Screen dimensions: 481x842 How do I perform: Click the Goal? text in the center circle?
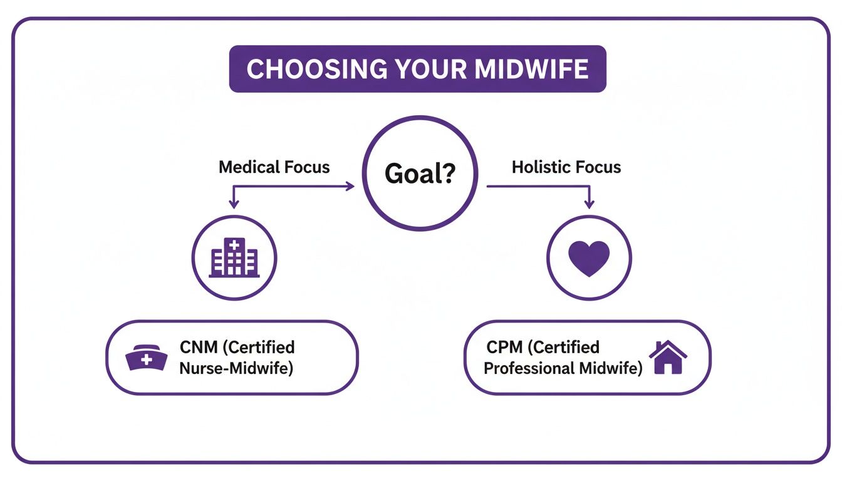(419, 173)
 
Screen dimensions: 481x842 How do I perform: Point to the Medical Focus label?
(274, 167)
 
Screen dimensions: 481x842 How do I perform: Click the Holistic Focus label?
(566, 167)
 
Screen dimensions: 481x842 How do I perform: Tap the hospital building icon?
(234, 257)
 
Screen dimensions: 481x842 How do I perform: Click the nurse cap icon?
(146, 359)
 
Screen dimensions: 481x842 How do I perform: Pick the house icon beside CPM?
(668, 358)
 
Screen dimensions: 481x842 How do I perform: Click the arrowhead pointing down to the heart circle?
(588, 204)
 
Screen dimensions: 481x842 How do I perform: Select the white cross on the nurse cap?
(146, 360)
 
